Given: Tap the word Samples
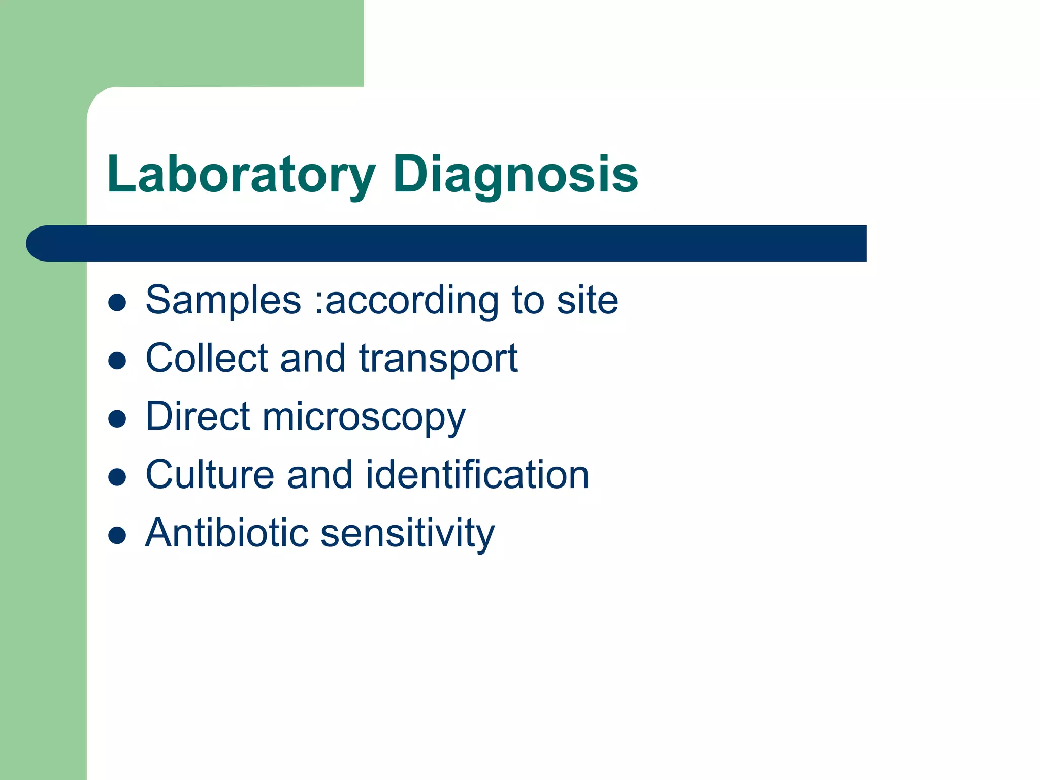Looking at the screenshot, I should click(x=223, y=301).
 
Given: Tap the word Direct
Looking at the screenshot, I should click(x=198, y=416).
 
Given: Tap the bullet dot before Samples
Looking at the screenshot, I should click(x=117, y=303).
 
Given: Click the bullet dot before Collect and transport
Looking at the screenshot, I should click(x=117, y=361).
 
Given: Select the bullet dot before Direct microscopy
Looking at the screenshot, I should click(x=117, y=419).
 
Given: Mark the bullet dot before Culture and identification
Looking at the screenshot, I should click(x=117, y=477).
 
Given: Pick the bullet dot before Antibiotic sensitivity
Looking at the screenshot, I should click(x=117, y=535).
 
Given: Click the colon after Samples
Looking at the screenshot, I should click(x=318, y=303).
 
